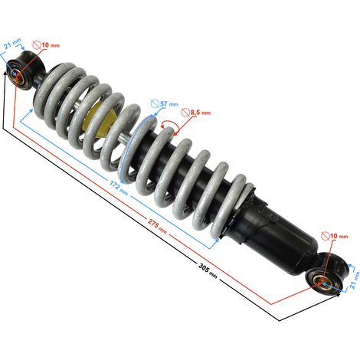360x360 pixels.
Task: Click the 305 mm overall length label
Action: (208, 270)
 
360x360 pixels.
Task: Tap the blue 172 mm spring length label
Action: (119, 188)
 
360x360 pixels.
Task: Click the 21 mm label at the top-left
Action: (12, 44)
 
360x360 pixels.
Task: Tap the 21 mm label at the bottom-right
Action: (355, 280)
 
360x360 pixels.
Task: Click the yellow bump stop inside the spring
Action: (102, 119)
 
